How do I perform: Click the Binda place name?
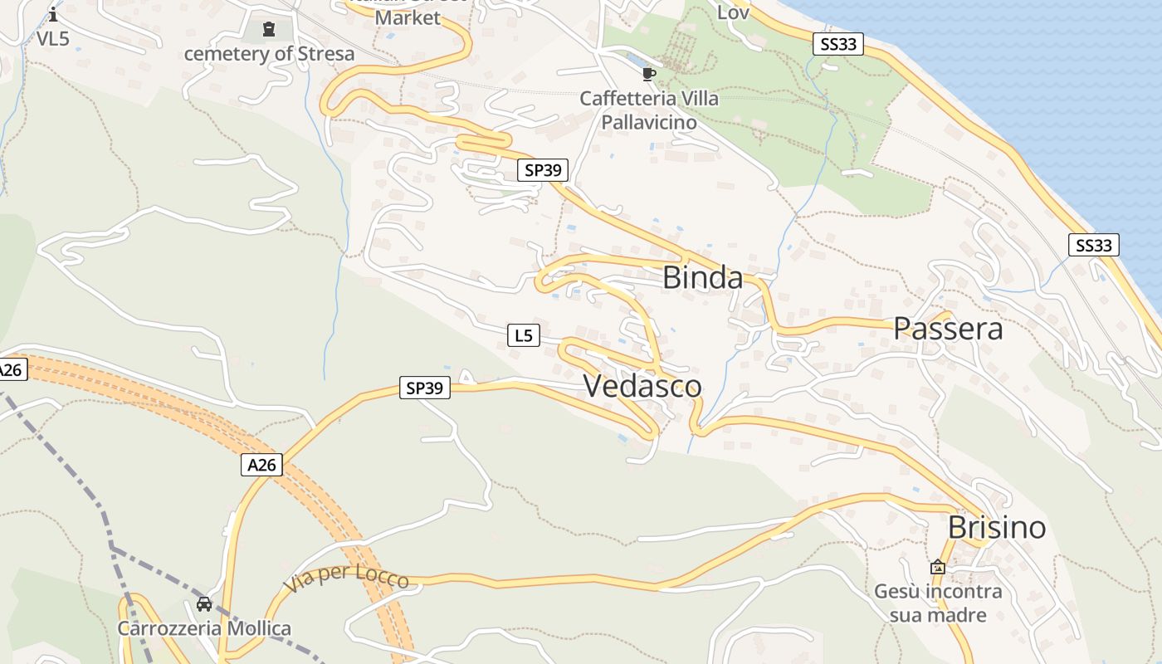tap(702, 278)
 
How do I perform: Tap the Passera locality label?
tap(948, 330)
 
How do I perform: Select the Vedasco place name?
tap(642, 386)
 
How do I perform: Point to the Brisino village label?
tap(997, 528)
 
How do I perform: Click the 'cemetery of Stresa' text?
tap(269, 54)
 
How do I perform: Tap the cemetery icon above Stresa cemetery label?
tap(268, 30)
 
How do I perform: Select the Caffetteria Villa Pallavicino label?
tap(649, 110)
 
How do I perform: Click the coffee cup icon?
tap(649, 75)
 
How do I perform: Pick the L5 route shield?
tap(523, 335)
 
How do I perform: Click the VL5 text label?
tap(53, 38)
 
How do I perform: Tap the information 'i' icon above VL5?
tap(53, 14)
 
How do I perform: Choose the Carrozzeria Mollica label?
tap(204, 627)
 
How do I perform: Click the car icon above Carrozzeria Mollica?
tap(204, 604)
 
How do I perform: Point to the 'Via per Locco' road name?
tap(346, 578)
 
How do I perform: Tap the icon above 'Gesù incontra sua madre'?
tap(938, 568)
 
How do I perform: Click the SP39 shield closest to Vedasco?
tap(424, 388)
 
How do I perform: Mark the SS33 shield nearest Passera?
tap(1093, 245)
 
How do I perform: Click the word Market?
tap(408, 17)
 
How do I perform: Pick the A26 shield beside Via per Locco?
tap(262, 465)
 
